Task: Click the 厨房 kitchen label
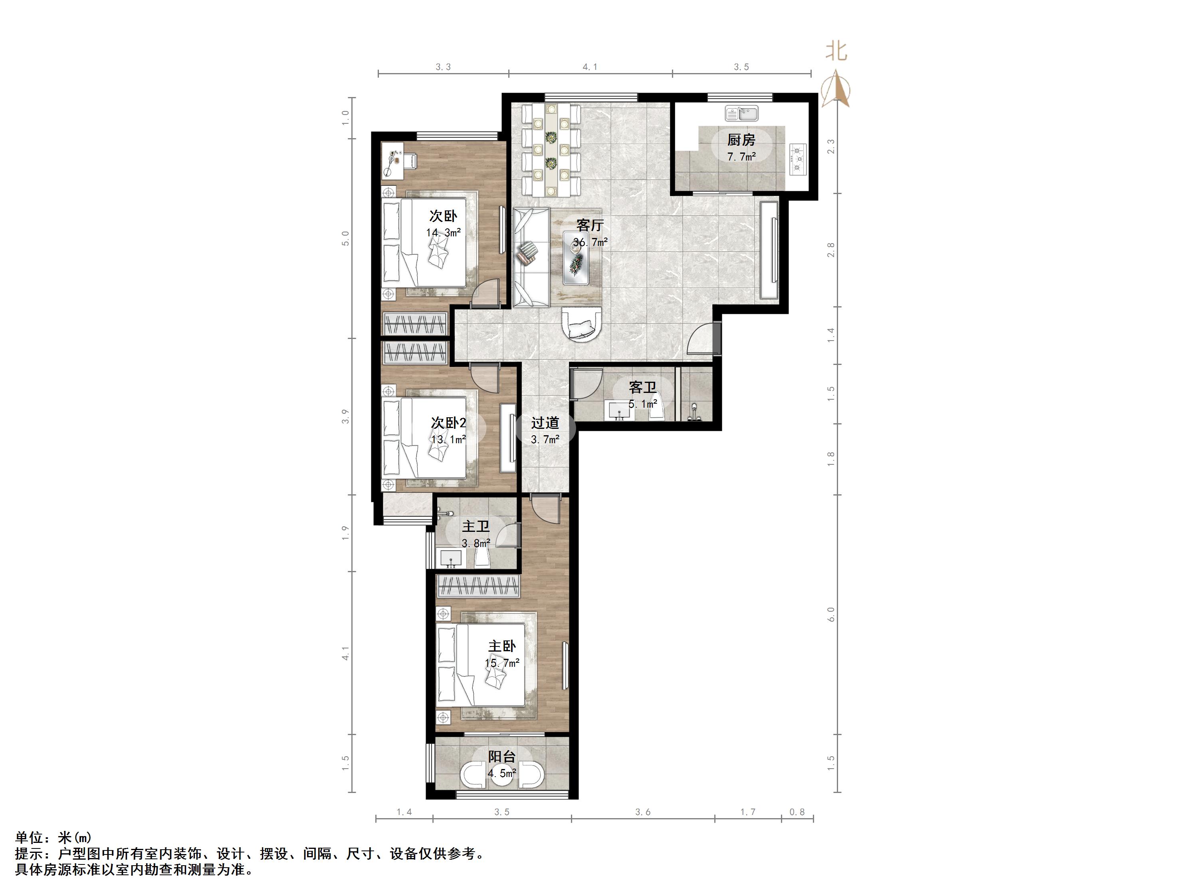pos(741,140)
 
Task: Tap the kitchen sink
pos(742,113)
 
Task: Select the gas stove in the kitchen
pos(798,159)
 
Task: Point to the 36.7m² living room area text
pos(590,242)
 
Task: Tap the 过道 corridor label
pos(545,423)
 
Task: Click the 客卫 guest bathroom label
pos(643,387)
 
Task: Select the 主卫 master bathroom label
pos(476,526)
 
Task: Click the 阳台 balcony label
pos(502,757)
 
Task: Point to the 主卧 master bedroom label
pos(502,646)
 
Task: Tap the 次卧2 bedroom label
pos(448,423)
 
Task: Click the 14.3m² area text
pos(444,233)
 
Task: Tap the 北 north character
pos(836,51)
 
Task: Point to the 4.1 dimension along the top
pos(590,67)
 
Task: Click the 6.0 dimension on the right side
pos(831,614)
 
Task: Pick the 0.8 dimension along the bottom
pos(797,812)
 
